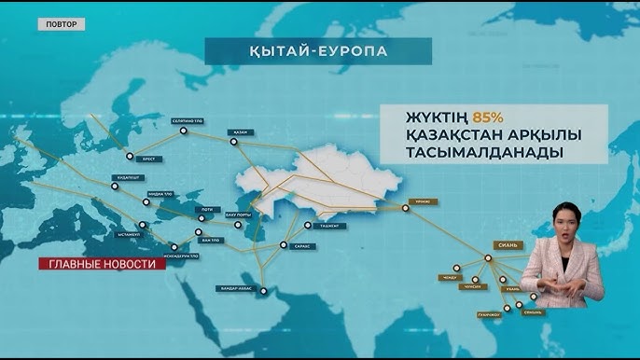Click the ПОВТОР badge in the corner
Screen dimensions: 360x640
61,23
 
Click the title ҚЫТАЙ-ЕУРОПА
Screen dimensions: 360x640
318,50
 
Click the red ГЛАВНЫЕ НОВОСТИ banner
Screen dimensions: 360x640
102,263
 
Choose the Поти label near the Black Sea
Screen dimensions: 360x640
206,211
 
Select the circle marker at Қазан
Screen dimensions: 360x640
232,140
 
